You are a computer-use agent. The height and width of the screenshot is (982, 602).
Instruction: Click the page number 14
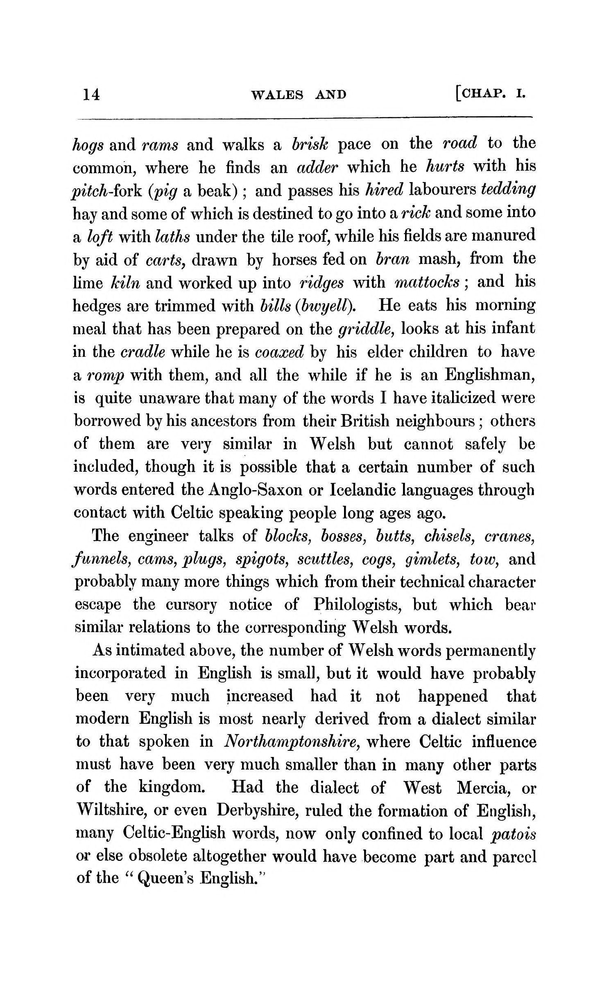91,95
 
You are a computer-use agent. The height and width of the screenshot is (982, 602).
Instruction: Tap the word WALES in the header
277,95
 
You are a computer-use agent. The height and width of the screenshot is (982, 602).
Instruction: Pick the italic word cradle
143,352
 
